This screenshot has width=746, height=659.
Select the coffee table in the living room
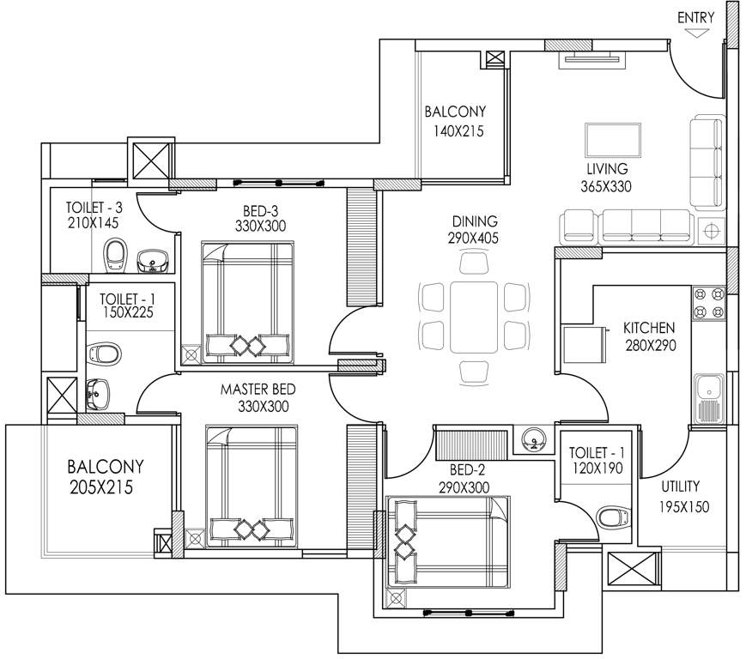(612, 139)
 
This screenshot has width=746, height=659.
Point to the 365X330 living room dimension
(606, 185)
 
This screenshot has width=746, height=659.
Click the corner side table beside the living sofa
(711, 229)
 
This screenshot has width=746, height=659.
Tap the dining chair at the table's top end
(473, 262)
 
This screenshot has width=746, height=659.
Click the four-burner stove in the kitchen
(709, 303)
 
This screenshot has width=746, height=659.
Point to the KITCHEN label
(649, 328)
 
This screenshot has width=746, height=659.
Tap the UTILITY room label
(680, 486)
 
